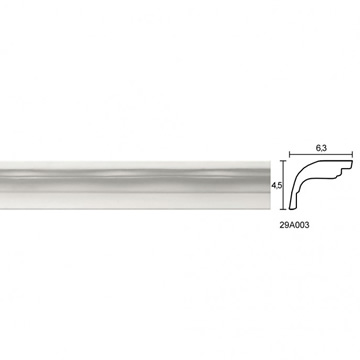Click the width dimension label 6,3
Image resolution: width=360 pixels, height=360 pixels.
321,149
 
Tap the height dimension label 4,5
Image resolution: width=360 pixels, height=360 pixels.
275,186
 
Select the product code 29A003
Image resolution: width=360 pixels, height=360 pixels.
294,225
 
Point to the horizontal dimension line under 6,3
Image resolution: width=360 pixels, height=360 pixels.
321,155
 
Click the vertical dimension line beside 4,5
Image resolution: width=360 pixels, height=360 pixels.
283,185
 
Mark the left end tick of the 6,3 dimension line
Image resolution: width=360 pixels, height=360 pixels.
289,155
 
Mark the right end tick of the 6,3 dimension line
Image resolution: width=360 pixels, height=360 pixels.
352,155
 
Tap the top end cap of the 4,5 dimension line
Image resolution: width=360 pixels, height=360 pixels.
283,161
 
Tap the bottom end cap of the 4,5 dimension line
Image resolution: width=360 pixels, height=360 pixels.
283,209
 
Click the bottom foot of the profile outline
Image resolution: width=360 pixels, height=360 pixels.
292,208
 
